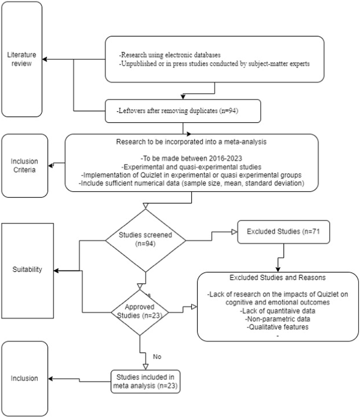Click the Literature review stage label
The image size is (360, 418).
pos(22,59)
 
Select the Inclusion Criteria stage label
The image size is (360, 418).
pos(24,165)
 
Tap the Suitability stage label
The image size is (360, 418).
pos(27,269)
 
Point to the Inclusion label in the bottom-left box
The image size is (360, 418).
pos(24,378)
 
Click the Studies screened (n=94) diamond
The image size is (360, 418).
pos(145,239)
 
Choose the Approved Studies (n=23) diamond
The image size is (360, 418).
pos(140,311)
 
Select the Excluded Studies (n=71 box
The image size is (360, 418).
pos(283,232)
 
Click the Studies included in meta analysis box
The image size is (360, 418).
pos(145,381)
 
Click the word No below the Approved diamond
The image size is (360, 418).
pos(157,357)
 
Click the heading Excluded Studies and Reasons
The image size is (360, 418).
pos(277,278)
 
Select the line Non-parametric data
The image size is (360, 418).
pos(277,319)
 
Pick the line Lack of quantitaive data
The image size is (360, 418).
pos(277,311)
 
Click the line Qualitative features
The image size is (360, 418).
pos(277,327)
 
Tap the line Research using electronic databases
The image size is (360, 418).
pos(170,55)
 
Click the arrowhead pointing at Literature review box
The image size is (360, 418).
pos(45,59)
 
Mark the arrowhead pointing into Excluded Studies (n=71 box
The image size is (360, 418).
pos(234,232)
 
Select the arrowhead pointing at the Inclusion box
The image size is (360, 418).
pos(51,379)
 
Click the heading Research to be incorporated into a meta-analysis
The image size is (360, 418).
pos(191,142)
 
